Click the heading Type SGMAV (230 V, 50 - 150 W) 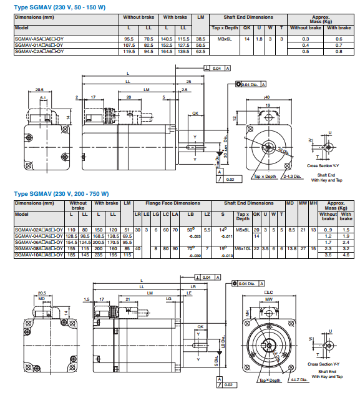pos(59,7)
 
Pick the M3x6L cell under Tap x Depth pos(225,39)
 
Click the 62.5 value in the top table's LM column pos(200,51)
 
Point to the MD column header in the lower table pos(290,203)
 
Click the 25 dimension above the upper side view pos(189,82)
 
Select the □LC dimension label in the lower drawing pos(268,292)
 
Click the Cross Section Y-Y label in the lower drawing pos(323,363)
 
